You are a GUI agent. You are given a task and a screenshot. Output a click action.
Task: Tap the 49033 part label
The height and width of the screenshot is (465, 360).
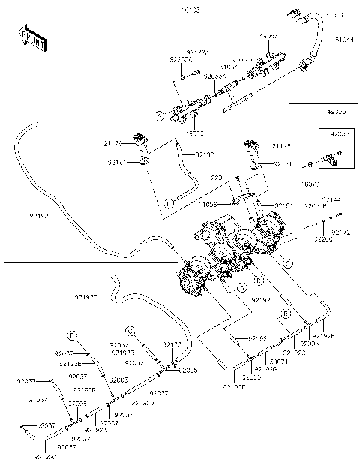(x=336, y=111)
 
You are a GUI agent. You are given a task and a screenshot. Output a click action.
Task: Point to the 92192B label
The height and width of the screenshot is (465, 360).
(x=122, y=351)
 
